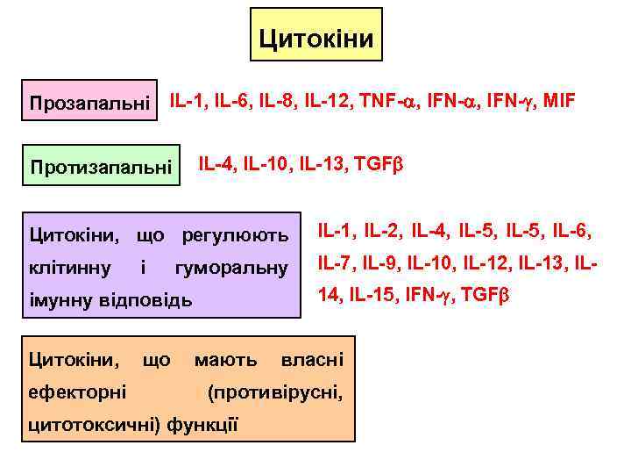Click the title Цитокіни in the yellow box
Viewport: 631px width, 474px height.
(316, 39)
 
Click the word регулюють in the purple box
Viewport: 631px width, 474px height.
(235, 235)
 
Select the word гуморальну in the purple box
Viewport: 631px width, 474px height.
(231, 267)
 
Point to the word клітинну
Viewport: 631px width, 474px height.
(70, 267)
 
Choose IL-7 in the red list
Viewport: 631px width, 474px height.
(337, 262)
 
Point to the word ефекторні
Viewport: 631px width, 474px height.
(77, 391)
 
